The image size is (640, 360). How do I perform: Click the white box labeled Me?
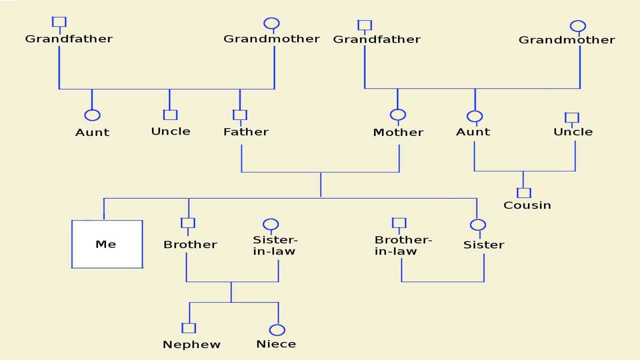[x=107, y=244]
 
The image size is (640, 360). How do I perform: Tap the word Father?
[x=246, y=132]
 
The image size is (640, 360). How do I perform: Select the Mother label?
[x=398, y=132]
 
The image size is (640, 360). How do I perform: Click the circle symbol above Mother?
[x=398, y=114]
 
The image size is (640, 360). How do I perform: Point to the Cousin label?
[x=527, y=205]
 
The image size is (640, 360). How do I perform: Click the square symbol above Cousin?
[x=523, y=192]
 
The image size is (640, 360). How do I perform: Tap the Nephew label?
[x=191, y=344]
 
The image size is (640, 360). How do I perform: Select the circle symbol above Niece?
[x=277, y=330]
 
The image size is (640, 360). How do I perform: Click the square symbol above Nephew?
[x=188, y=328]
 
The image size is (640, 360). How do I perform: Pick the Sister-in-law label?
[x=274, y=245]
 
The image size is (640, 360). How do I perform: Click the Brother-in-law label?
[x=403, y=245]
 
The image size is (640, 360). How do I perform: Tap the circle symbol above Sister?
[x=478, y=225]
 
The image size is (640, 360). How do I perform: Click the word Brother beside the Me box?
[x=190, y=245]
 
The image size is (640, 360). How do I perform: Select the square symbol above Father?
[x=240, y=115]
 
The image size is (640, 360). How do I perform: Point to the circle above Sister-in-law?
[x=270, y=224]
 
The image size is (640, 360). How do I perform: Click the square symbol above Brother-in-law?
[x=398, y=223]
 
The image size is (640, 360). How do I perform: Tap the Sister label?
[x=483, y=245]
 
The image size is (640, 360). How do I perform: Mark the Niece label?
[x=276, y=344]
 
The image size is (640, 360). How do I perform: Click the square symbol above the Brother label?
[x=188, y=223]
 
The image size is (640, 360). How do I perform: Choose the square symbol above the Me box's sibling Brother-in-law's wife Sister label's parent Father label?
[x=240, y=115]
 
